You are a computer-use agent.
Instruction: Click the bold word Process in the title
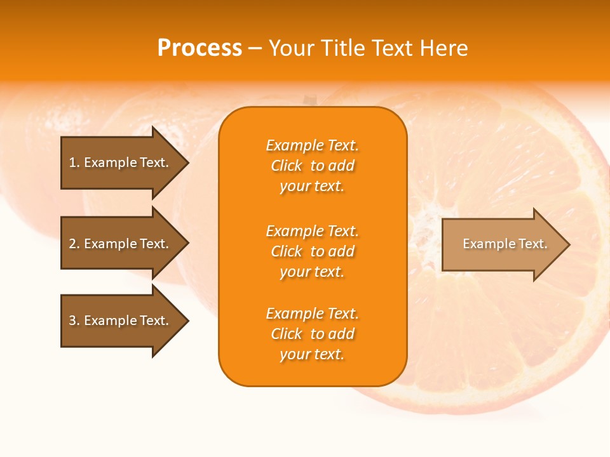click(200, 48)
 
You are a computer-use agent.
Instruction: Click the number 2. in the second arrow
click(74, 244)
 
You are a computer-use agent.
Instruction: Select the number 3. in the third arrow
click(74, 321)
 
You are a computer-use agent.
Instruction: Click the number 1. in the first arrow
click(74, 162)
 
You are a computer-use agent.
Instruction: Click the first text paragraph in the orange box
click(312, 166)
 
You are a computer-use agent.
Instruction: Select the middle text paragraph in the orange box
click(312, 251)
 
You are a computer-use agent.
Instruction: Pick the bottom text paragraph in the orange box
click(312, 334)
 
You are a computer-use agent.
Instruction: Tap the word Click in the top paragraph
click(287, 166)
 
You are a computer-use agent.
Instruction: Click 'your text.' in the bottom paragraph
click(312, 354)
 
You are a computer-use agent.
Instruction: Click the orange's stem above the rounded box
click(309, 100)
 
